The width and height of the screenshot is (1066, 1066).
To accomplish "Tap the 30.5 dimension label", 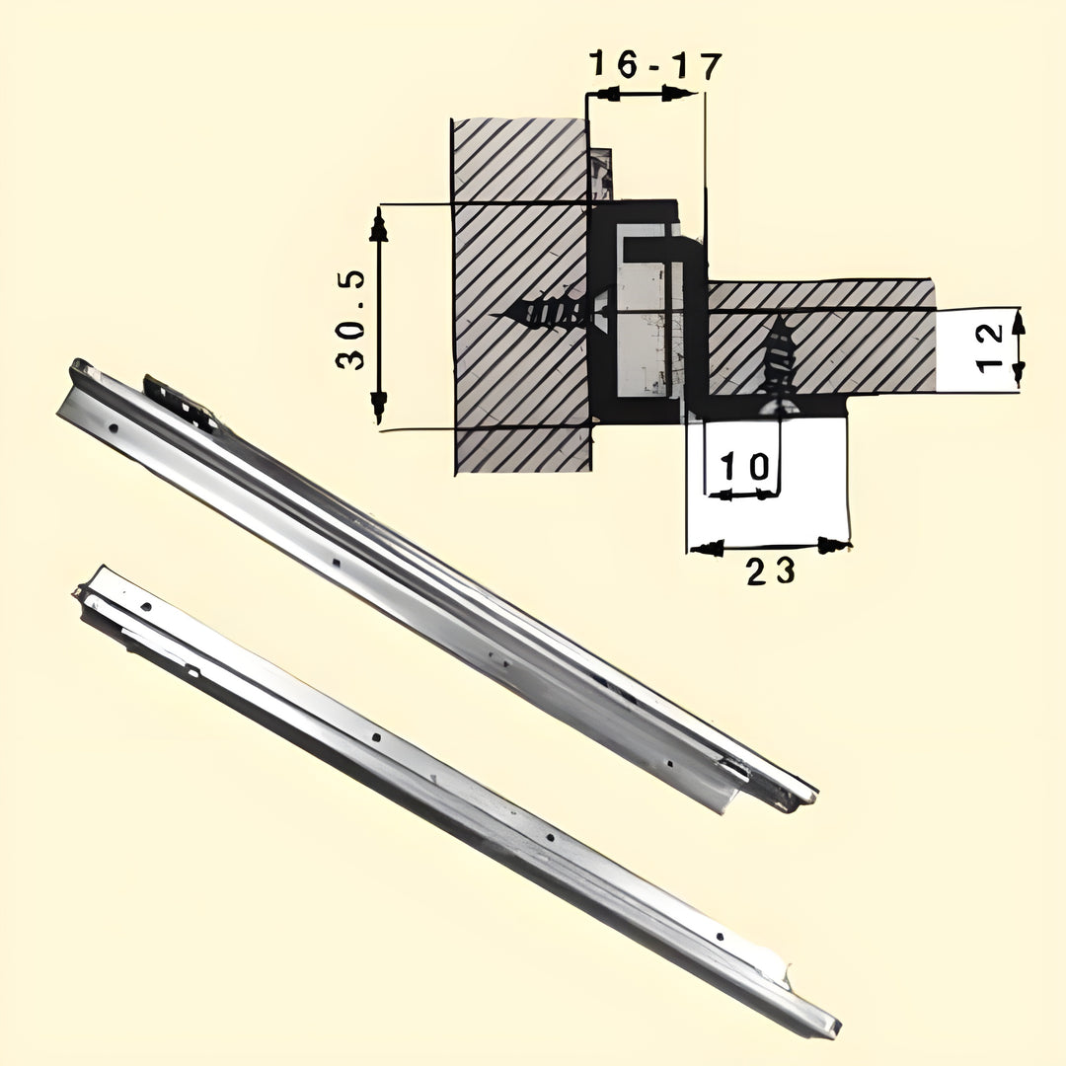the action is [350, 320].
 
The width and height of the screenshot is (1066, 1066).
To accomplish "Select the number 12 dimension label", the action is [989, 346].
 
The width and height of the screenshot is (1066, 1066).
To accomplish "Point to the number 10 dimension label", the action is [744, 467].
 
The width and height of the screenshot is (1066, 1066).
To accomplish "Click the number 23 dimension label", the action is [770, 571].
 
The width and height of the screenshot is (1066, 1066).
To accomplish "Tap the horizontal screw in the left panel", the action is [550, 312].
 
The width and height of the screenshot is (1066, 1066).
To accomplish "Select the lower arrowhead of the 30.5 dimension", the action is [379, 407].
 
